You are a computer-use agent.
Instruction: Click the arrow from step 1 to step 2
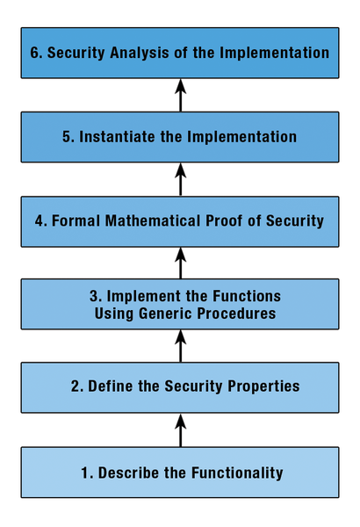point(181,430)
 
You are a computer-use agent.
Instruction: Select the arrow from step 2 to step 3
point(181,346)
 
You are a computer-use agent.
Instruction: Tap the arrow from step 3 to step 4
point(181,263)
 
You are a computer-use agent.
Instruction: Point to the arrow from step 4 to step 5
point(181,179)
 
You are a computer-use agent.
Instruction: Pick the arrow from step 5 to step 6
point(181,95)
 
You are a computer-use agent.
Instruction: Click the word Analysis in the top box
point(140,53)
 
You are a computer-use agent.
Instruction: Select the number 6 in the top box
point(34,53)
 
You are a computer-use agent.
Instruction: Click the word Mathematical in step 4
point(153,220)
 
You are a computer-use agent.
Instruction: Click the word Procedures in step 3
point(236,314)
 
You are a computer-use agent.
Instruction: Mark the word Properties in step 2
point(263,386)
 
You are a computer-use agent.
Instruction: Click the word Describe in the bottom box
point(129,473)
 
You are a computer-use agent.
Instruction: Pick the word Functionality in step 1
point(237,473)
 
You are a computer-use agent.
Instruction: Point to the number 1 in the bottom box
point(84,473)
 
